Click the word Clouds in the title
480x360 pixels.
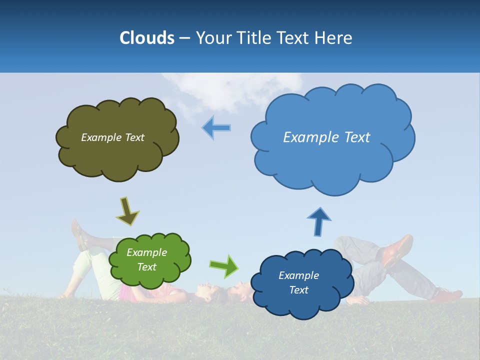(x=146, y=38)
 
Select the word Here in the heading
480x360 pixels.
(x=333, y=38)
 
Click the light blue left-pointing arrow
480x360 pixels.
(x=216, y=127)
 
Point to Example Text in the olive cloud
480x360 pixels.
(x=112, y=137)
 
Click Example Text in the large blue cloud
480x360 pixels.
(x=326, y=137)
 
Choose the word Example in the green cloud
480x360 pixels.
(x=146, y=252)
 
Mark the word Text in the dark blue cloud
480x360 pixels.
(x=298, y=290)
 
